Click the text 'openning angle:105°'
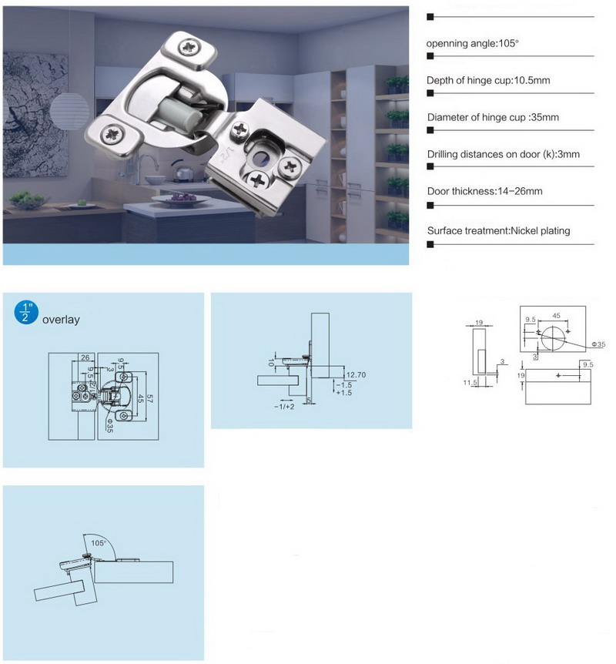[x=473, y=43]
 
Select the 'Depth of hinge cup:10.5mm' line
[x=488, y=80]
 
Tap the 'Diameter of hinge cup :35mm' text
[x=493, y=117]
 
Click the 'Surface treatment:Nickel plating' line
[x=499, y=230]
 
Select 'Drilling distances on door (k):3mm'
[x=504, y=154]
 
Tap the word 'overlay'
[x=61, y=319]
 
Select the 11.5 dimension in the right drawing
[x=470, y=381]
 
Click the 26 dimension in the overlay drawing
[x=85, y=356]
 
